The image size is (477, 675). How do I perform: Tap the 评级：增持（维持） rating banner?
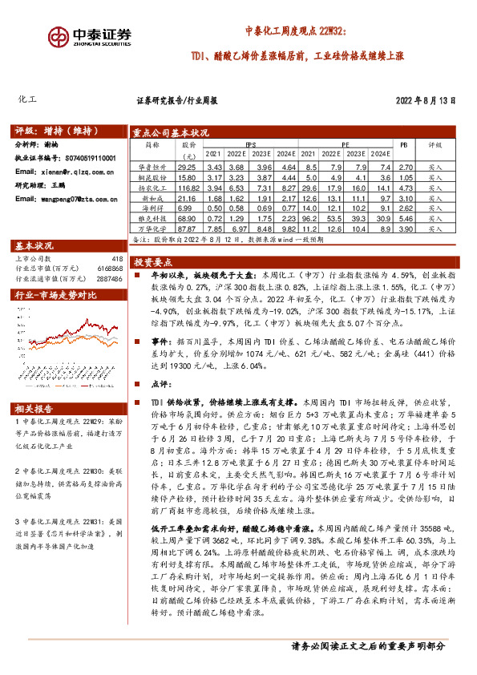pyautogui.click(x=52, y=130)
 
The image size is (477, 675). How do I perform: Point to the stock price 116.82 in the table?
pyautogui.click(x=188, y=185)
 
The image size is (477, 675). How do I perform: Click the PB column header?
pyautogui.click(x=403, y=146)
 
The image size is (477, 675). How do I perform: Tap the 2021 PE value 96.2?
pyautogui.click(x=309, y=218)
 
